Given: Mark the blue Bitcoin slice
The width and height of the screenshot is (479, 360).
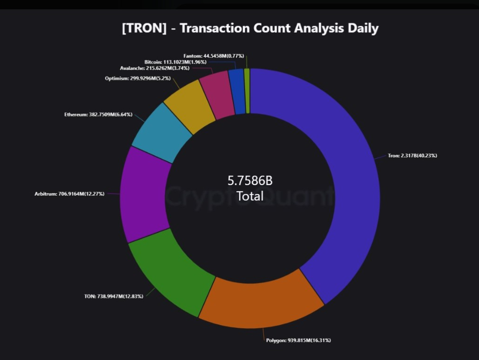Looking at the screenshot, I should point(239,91).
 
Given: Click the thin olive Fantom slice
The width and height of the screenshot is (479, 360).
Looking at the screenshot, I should point(247,91).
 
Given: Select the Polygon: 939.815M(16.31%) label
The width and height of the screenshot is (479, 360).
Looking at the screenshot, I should point(299,340).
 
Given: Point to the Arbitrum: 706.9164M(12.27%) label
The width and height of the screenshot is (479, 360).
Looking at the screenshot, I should point(69,193).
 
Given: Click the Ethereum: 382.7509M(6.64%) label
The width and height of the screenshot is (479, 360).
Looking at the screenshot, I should point(98,114).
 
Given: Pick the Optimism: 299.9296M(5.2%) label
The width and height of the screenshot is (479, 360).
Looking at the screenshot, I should point(138,78).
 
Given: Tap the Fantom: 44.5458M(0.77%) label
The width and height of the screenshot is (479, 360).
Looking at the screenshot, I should point(214,56).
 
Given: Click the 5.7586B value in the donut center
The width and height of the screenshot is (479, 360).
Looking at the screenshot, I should point(250,181).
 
